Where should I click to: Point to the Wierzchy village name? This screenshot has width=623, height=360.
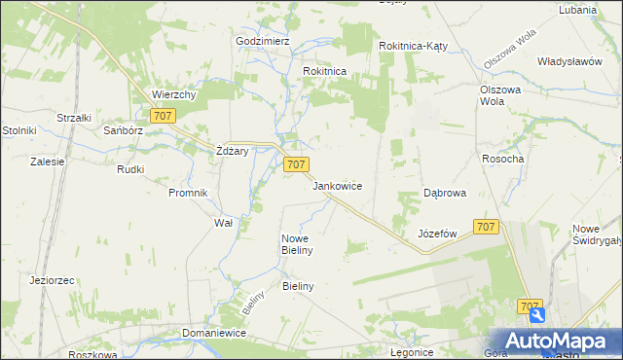pyautogui.click(x=175, y=95)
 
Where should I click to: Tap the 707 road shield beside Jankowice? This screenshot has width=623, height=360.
pyautogui.click(x=297, y=165)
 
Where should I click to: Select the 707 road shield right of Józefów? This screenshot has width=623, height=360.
pyautogui.click(x=487, y=227)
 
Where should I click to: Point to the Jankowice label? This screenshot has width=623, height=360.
pyautogui.click(x=337, y=185)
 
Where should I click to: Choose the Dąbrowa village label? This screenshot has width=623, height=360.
pyautogui.click(x=444, y=193)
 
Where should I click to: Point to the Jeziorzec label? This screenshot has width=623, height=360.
pyautogui.click(x=53, y=280)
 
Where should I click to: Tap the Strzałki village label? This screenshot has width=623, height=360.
pyautogui.click(x=74, y=118)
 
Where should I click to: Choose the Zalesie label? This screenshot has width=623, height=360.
pyautogui.click(x=47, y=162)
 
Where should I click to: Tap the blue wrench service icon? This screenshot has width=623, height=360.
pyautogui.click(x=536, y=315)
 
